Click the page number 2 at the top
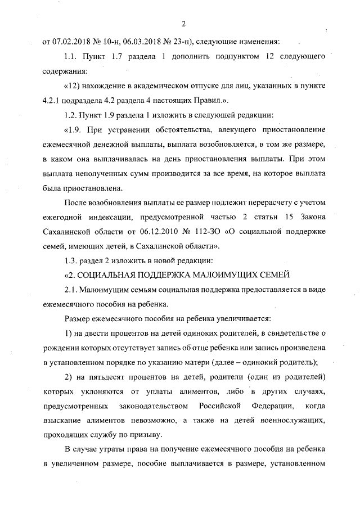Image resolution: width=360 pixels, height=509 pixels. pos(183,23)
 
